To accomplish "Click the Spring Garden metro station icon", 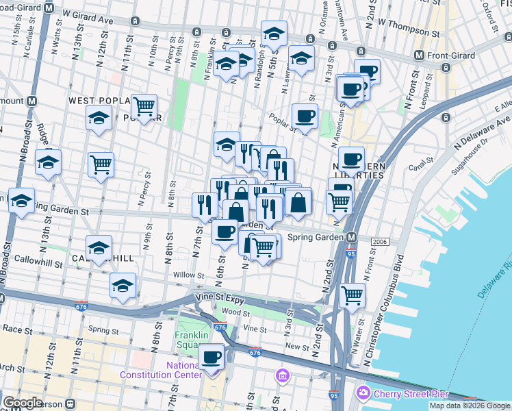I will pyautogui.click(x=351, y=237).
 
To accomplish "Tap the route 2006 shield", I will pyautogui.click(x=381, y=242).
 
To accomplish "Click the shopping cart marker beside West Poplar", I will pyautogui.click(x=144, y=107).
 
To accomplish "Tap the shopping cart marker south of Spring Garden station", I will pyautogui.click(x=352, y=296).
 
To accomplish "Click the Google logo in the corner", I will pyautogui.click(x=23, y=403).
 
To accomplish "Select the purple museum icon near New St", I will pyautogui.click(x=282, y=375).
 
